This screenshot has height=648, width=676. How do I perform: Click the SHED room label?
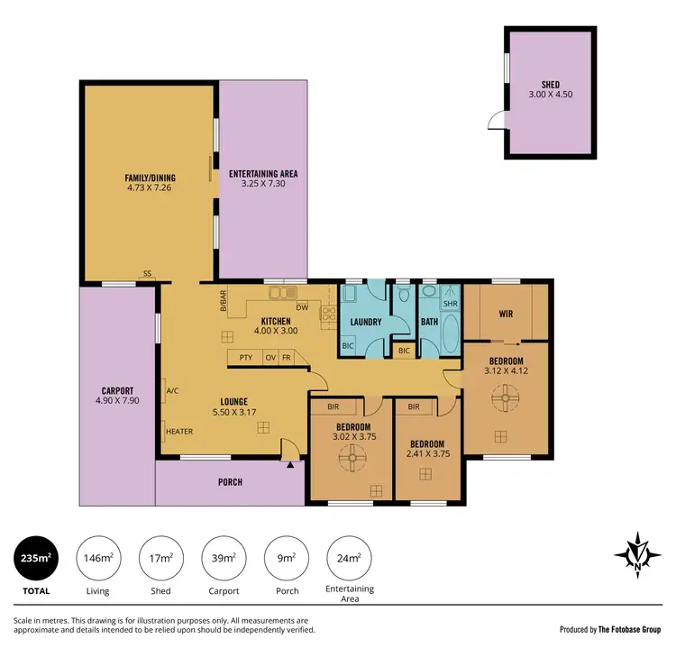(550, 83)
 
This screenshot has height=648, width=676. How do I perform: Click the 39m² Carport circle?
(223, 559)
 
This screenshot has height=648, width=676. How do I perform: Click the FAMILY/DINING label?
(150, 178)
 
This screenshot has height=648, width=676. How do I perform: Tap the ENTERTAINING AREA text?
(263, 174)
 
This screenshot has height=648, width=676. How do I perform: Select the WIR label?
(506, 315)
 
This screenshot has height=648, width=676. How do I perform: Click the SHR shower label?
(451, 304)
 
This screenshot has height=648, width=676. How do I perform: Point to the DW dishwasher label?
(302, 307)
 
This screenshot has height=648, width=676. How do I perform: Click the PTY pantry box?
(245, 358)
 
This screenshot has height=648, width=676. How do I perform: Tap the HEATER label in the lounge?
(178, 432)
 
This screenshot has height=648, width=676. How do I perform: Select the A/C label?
(172, 391)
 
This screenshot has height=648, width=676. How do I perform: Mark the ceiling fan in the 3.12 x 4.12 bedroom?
(507, 397)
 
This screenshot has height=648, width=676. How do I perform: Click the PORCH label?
(230, 482)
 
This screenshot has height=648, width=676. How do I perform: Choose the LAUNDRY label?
(366, 322)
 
